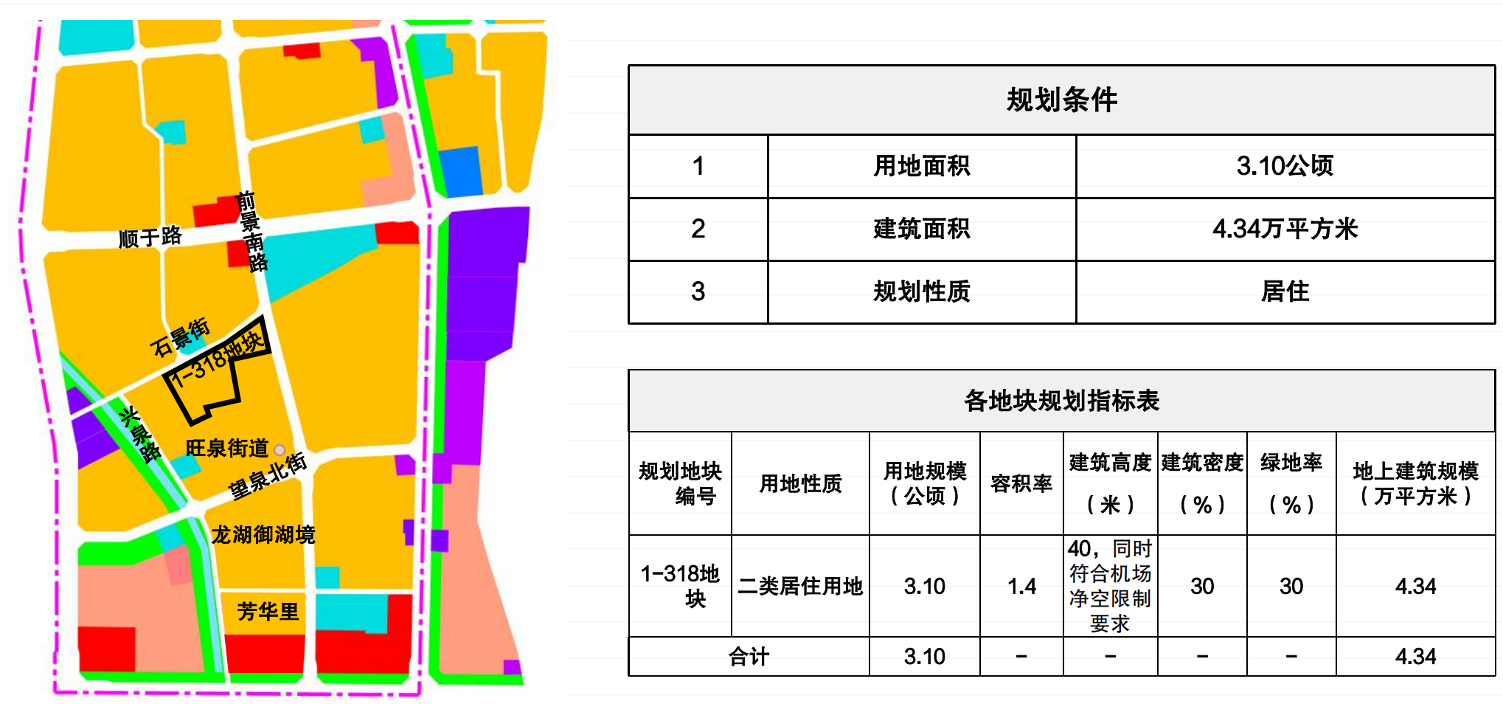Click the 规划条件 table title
(x=1061, y=100)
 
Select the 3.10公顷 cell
(x=1285, y=166)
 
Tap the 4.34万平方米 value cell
(x=1285, y=229)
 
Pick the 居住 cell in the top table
(x=1285, y=291)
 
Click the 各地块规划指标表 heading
(x=1061, y=401)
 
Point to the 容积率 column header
(x=1021, y=483)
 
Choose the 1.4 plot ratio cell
(x=1021, y=586)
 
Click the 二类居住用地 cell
(x=800, y=586)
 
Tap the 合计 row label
(x=749, y=656)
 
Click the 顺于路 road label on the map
(x=150, y=237)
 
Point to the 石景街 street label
(x=180, y=337)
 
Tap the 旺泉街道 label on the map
(x=226, y=448)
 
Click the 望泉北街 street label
(x=267, y=476)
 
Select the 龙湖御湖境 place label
(x=263, y=534)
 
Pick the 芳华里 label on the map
(x=267, y=611)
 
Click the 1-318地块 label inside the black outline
(x=216, y=359)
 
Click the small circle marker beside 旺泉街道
(x=280, y=449)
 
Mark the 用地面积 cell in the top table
(x=921, y=166)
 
